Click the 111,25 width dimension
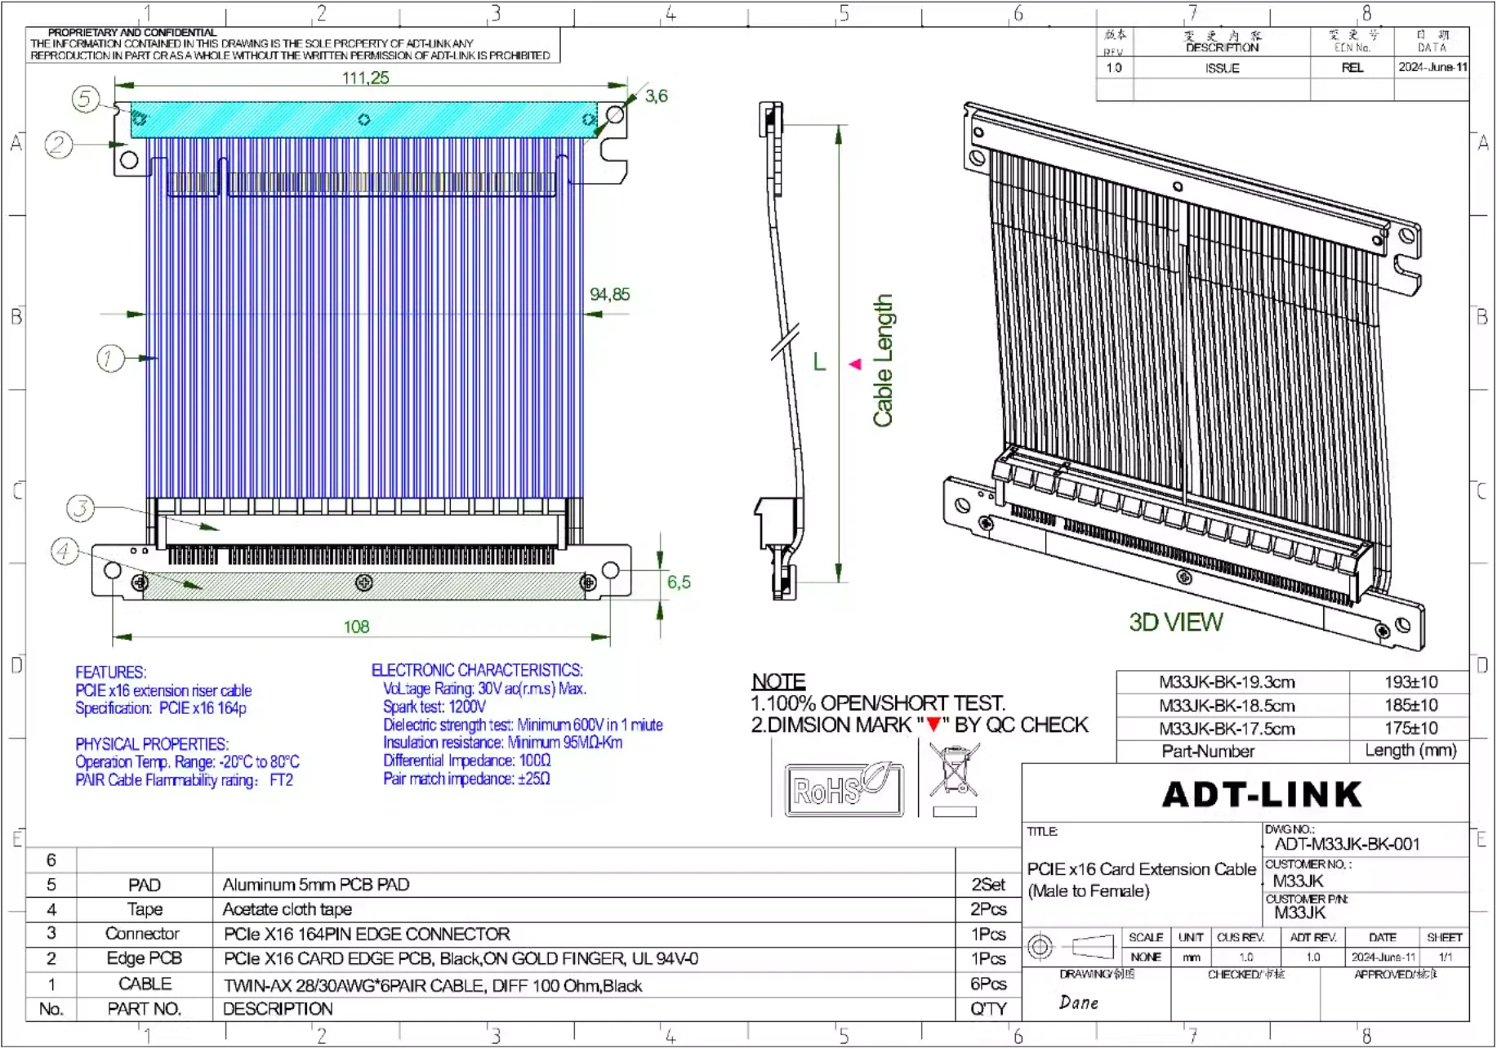pos(365,78)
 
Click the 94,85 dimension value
pos(609,294)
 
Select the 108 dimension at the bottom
pos(356,627)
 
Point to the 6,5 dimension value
pos(679,582)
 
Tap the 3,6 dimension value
pos(656,96)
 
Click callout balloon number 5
pos(85,99)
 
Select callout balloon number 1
pos(110,358)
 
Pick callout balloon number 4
pos(65,551)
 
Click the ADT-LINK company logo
pos(1262,794)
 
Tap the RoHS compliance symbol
pos(844,789)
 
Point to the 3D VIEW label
pos(1175,623)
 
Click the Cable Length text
pos(883,360)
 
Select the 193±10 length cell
pos(1410,682)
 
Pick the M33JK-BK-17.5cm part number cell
pos(1227,729)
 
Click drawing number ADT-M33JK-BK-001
pos(1347,844)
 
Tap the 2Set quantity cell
pos(987,885)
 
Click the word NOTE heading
pos(778,681)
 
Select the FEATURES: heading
pos(111,672)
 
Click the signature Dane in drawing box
pos(1078,1002)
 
